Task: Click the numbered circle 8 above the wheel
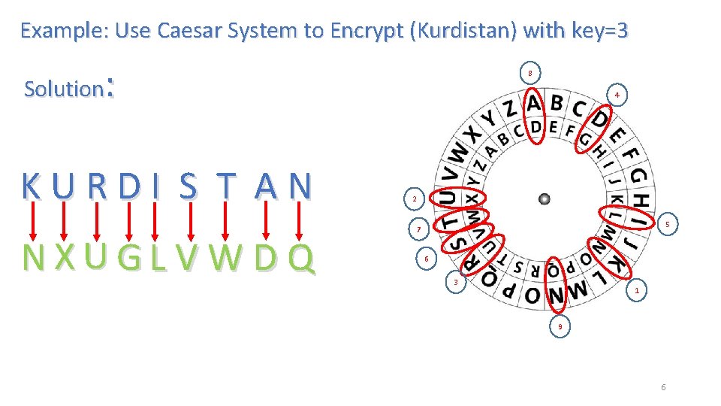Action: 530,73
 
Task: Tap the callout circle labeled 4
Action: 616,95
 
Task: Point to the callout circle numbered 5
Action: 667,224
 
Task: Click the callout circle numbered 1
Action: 637,290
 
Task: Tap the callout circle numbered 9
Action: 560,327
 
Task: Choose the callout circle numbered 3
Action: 454,283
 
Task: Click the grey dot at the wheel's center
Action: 545,199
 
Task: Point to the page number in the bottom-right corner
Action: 663,387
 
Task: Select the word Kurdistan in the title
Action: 470,31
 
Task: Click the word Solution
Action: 63,89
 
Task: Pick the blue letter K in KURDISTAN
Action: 32,186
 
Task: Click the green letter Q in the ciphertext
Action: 300,258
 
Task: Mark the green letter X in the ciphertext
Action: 65,258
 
